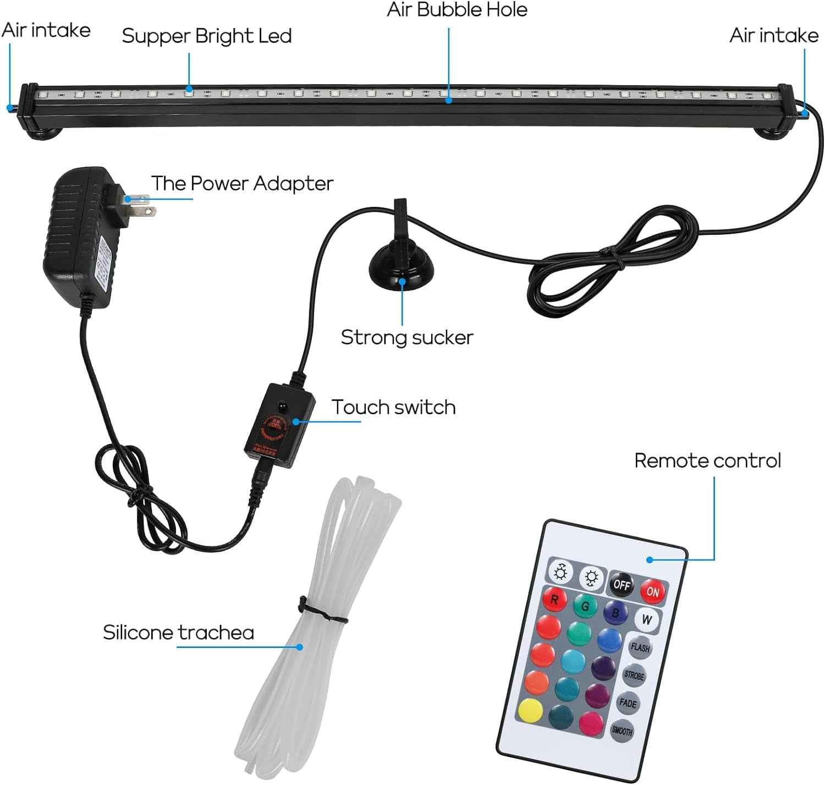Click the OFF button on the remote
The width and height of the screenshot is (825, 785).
[x=621, y=584]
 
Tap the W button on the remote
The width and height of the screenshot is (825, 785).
[x=647, y=619]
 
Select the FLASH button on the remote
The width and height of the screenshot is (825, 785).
[x=640, y=647]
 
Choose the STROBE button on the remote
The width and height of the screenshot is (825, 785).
[x=634, y=675]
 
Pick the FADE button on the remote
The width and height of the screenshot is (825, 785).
[x=628, y=702]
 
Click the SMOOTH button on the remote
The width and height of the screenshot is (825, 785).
[x=621, y=731]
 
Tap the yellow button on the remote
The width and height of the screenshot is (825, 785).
[x=530, y=711]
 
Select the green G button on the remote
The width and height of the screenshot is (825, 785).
[x=585, y=606]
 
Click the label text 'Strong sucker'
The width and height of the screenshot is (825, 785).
[x=406, y=337]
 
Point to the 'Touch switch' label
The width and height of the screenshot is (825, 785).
[x=393, y=407]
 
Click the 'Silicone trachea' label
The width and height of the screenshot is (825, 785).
[x=178, y=633]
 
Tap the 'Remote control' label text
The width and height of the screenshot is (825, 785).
[x=707, y=460]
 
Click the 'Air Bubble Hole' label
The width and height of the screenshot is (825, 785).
[x=457, y=10]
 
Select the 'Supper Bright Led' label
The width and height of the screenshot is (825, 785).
[x=206, y=36]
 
